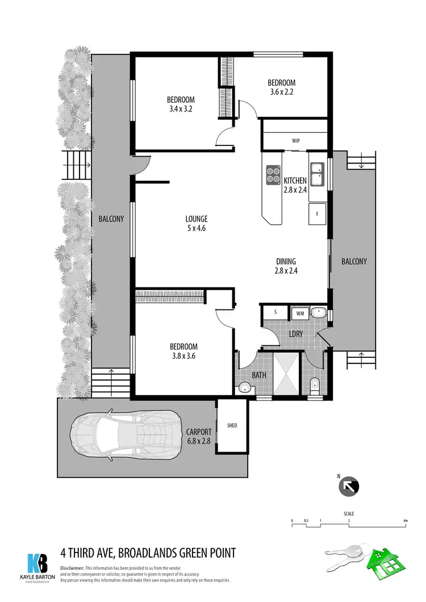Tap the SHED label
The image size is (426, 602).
tap(232, 425)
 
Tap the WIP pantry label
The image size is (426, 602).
tap(295, 140)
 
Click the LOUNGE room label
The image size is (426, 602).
tap(196, 219)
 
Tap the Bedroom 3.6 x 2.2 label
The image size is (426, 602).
tap(282, 87)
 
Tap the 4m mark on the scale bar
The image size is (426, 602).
tap(406, 521)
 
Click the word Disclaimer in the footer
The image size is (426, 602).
tap(72, 568)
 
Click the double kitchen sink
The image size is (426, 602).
tap(316, 174)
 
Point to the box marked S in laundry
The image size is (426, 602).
tap(275, 312)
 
